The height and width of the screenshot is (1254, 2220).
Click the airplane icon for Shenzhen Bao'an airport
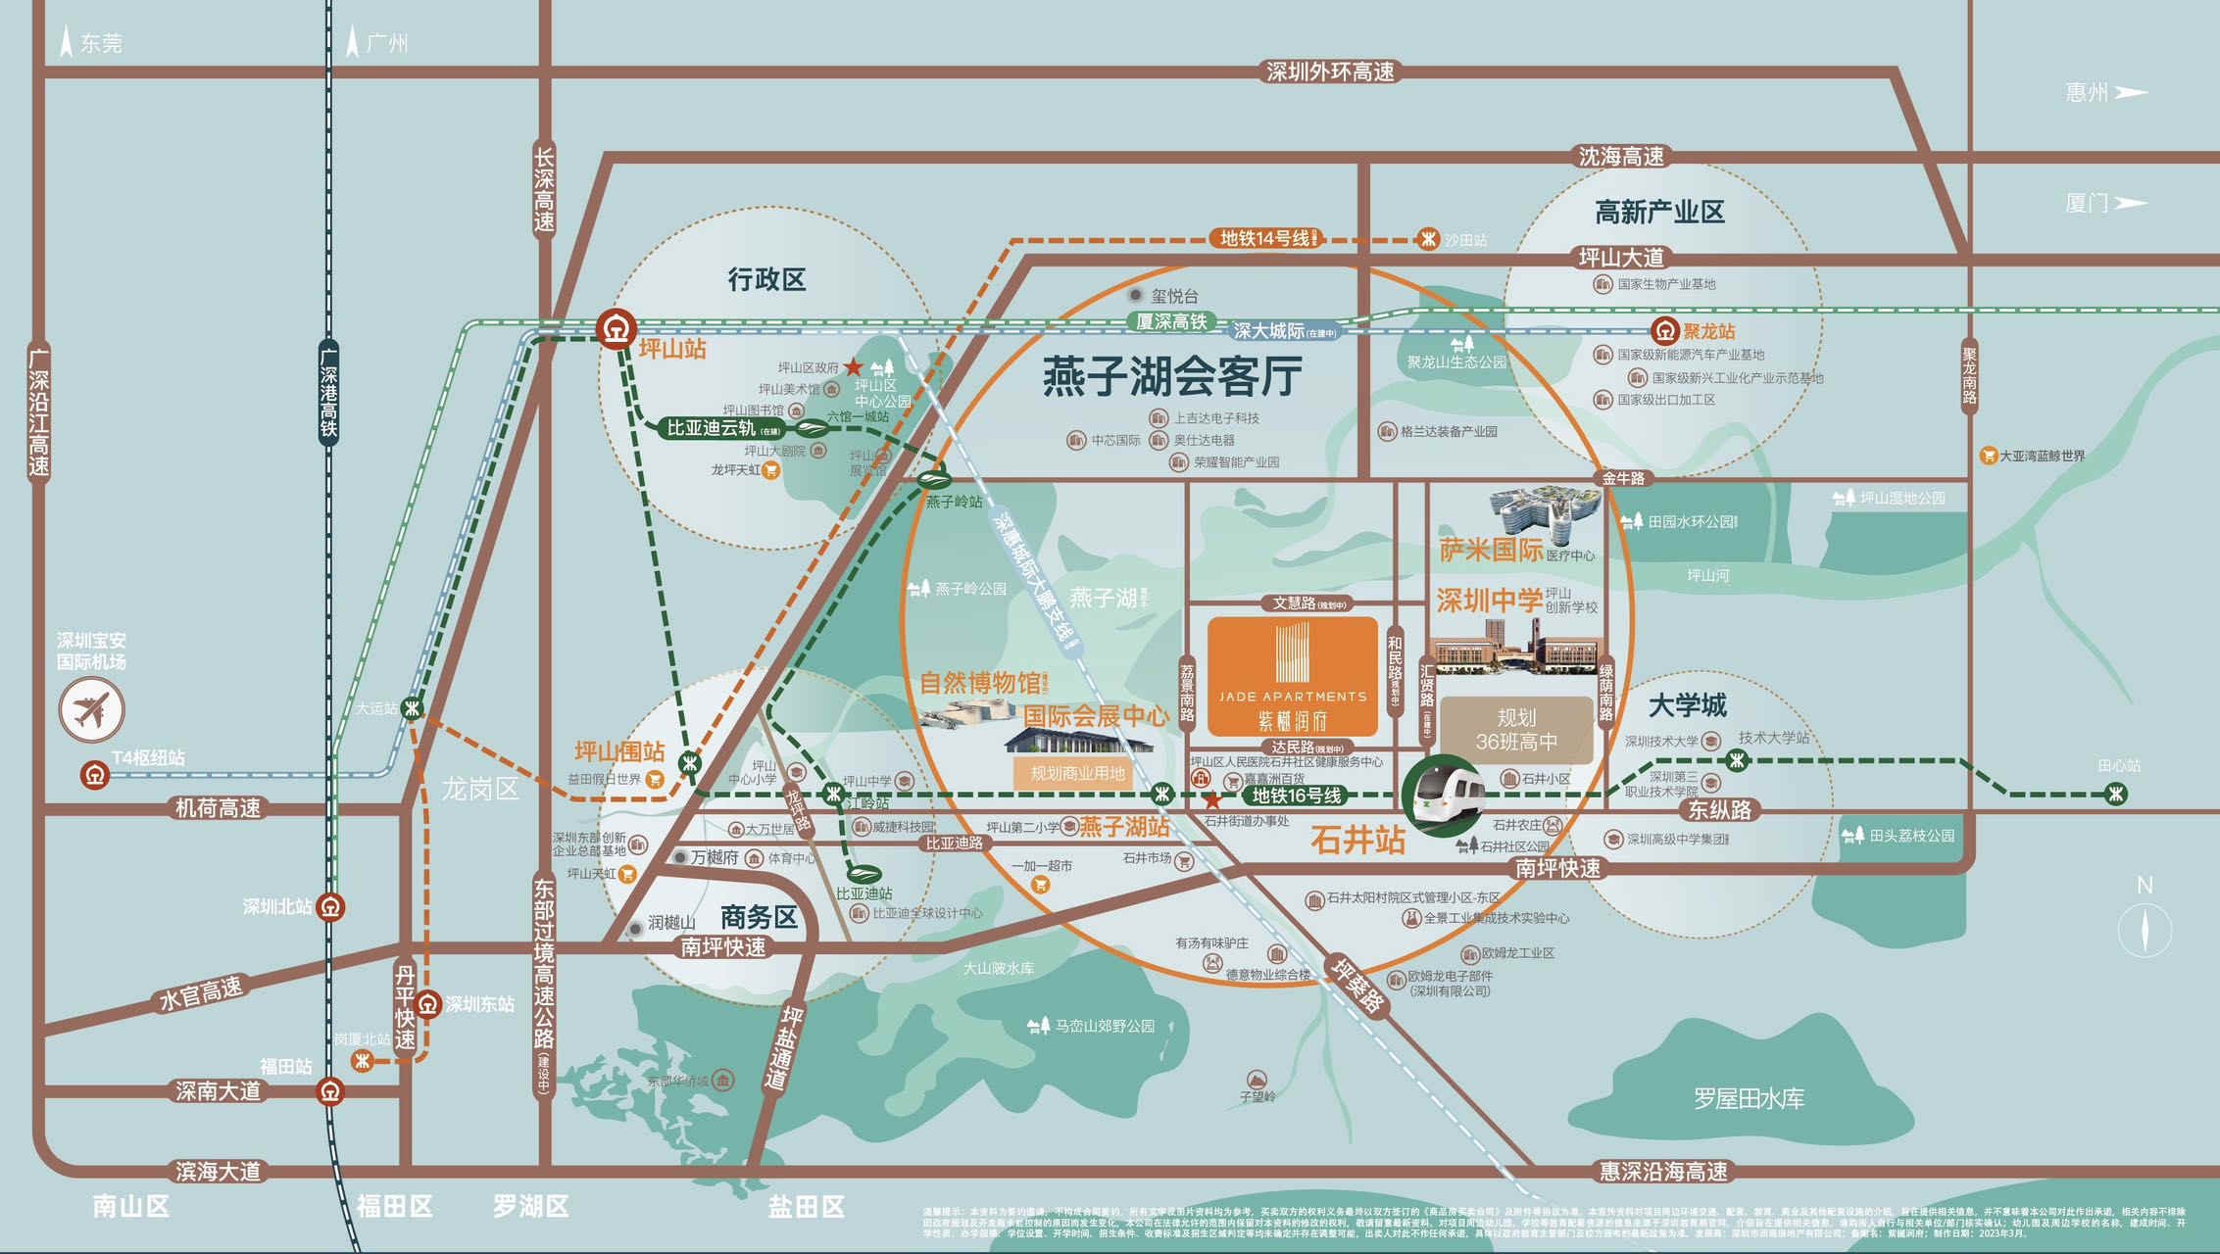[x=91, y=709]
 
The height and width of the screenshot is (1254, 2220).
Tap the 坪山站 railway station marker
[x=616, y=329]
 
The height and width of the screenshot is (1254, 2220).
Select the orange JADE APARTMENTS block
[x=1292, y=676]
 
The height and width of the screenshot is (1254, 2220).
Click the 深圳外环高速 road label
[x=1329, y=72]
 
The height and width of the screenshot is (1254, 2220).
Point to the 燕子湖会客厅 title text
[x=1171, y=376]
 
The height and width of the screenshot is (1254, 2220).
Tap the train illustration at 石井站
[x=1446, y=794]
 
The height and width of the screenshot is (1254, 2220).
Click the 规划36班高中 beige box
[x=1516, y=730]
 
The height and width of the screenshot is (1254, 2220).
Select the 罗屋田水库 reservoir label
[x=1749, y=1098]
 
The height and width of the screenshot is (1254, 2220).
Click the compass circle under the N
[x=2144, y=928]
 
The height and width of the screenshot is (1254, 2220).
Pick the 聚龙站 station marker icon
[x=1664, y=331]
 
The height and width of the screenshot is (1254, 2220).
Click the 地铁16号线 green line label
[x=1296, y=796]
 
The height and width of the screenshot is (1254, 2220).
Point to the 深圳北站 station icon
[x=331, y=907]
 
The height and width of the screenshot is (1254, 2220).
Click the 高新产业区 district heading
[x=1658, y=212]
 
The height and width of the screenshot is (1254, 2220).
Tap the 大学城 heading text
[x=1687, y=705]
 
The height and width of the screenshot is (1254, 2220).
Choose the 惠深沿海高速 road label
[x=1663, y=1171]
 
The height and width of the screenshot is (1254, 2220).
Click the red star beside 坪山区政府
[x=853, y=367]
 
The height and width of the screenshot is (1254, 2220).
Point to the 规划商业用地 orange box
[x=1077, y=773]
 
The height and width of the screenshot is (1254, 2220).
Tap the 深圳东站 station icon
[x=427, y=1004]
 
